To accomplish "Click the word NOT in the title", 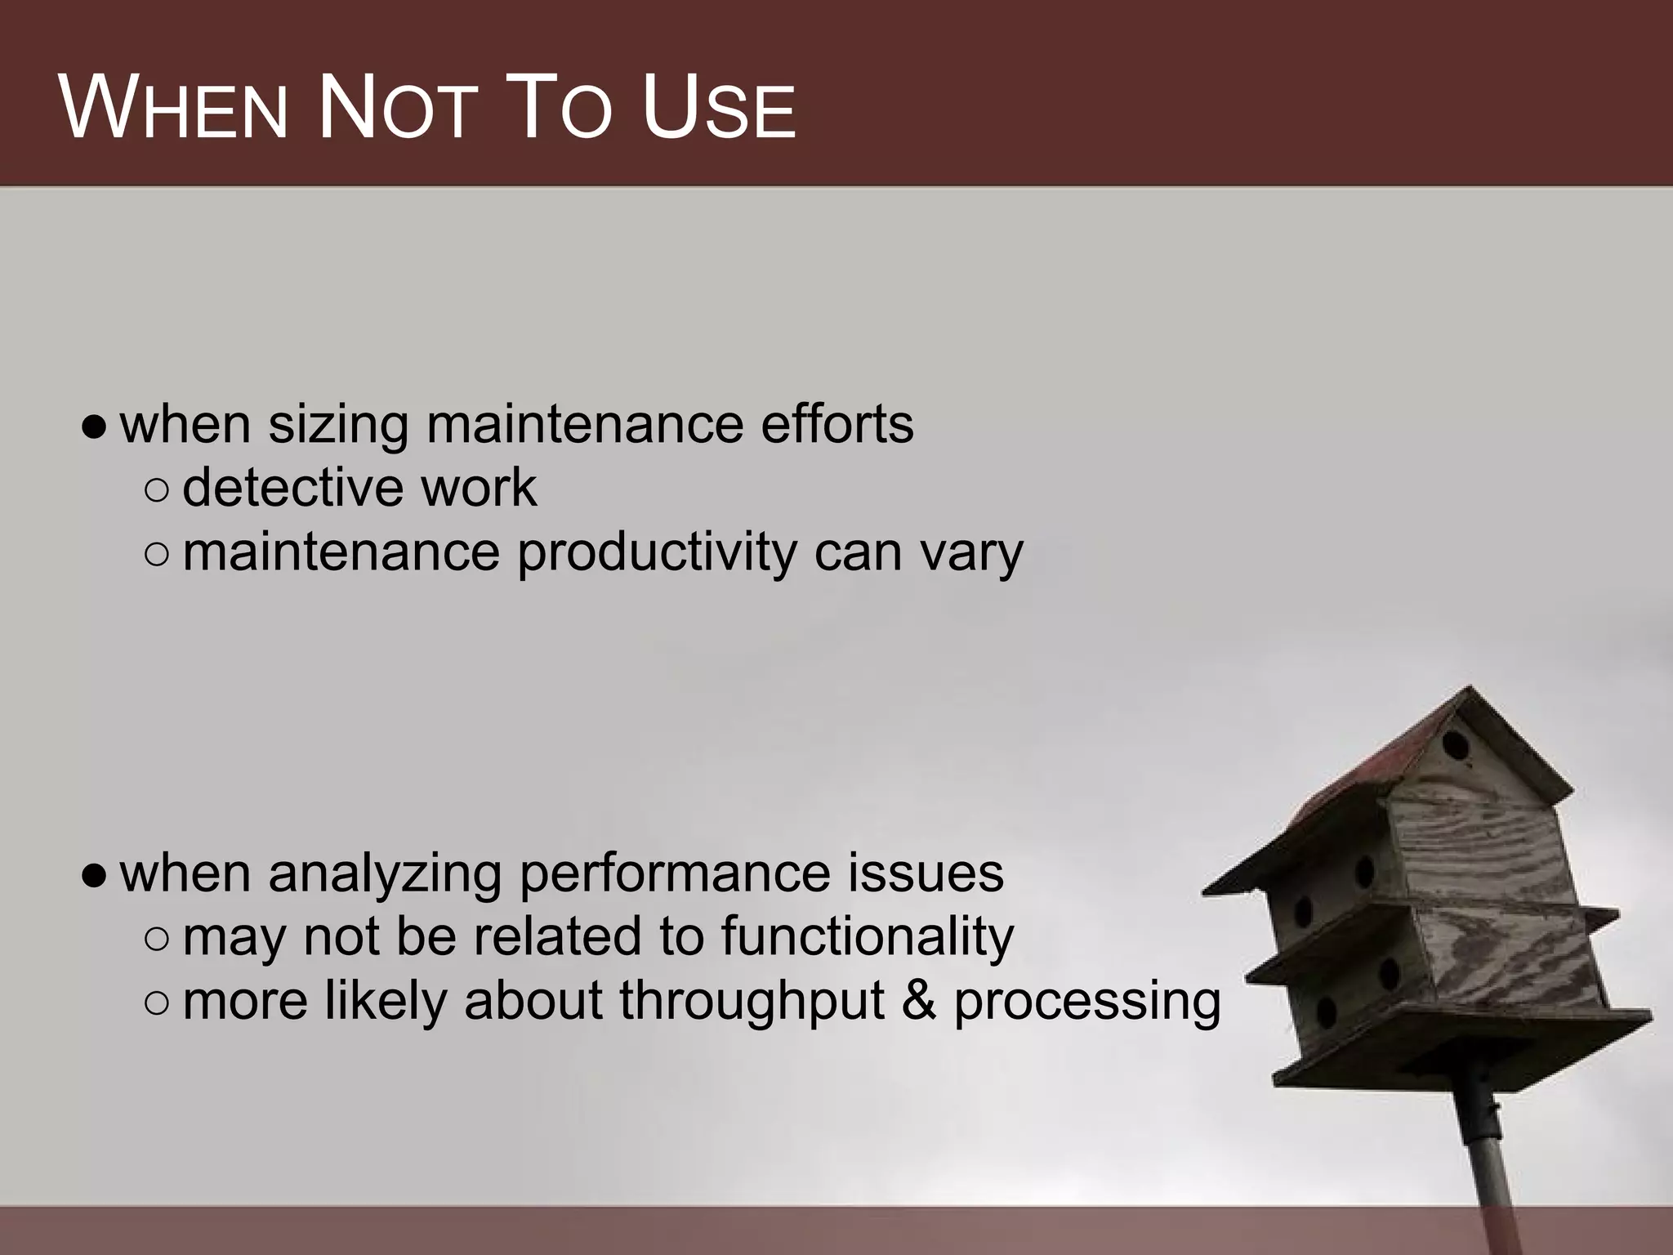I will tap(398, 109).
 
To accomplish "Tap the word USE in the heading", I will tap(718, 109).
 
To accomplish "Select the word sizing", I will tap(338, 426).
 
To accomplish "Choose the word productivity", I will tap(656, 553).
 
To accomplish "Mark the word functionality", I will tap(867, 936).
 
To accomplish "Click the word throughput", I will tap(752, 1002).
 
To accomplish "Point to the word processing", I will tap(1087, 1002).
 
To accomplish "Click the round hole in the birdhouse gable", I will tap(1455, 745).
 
